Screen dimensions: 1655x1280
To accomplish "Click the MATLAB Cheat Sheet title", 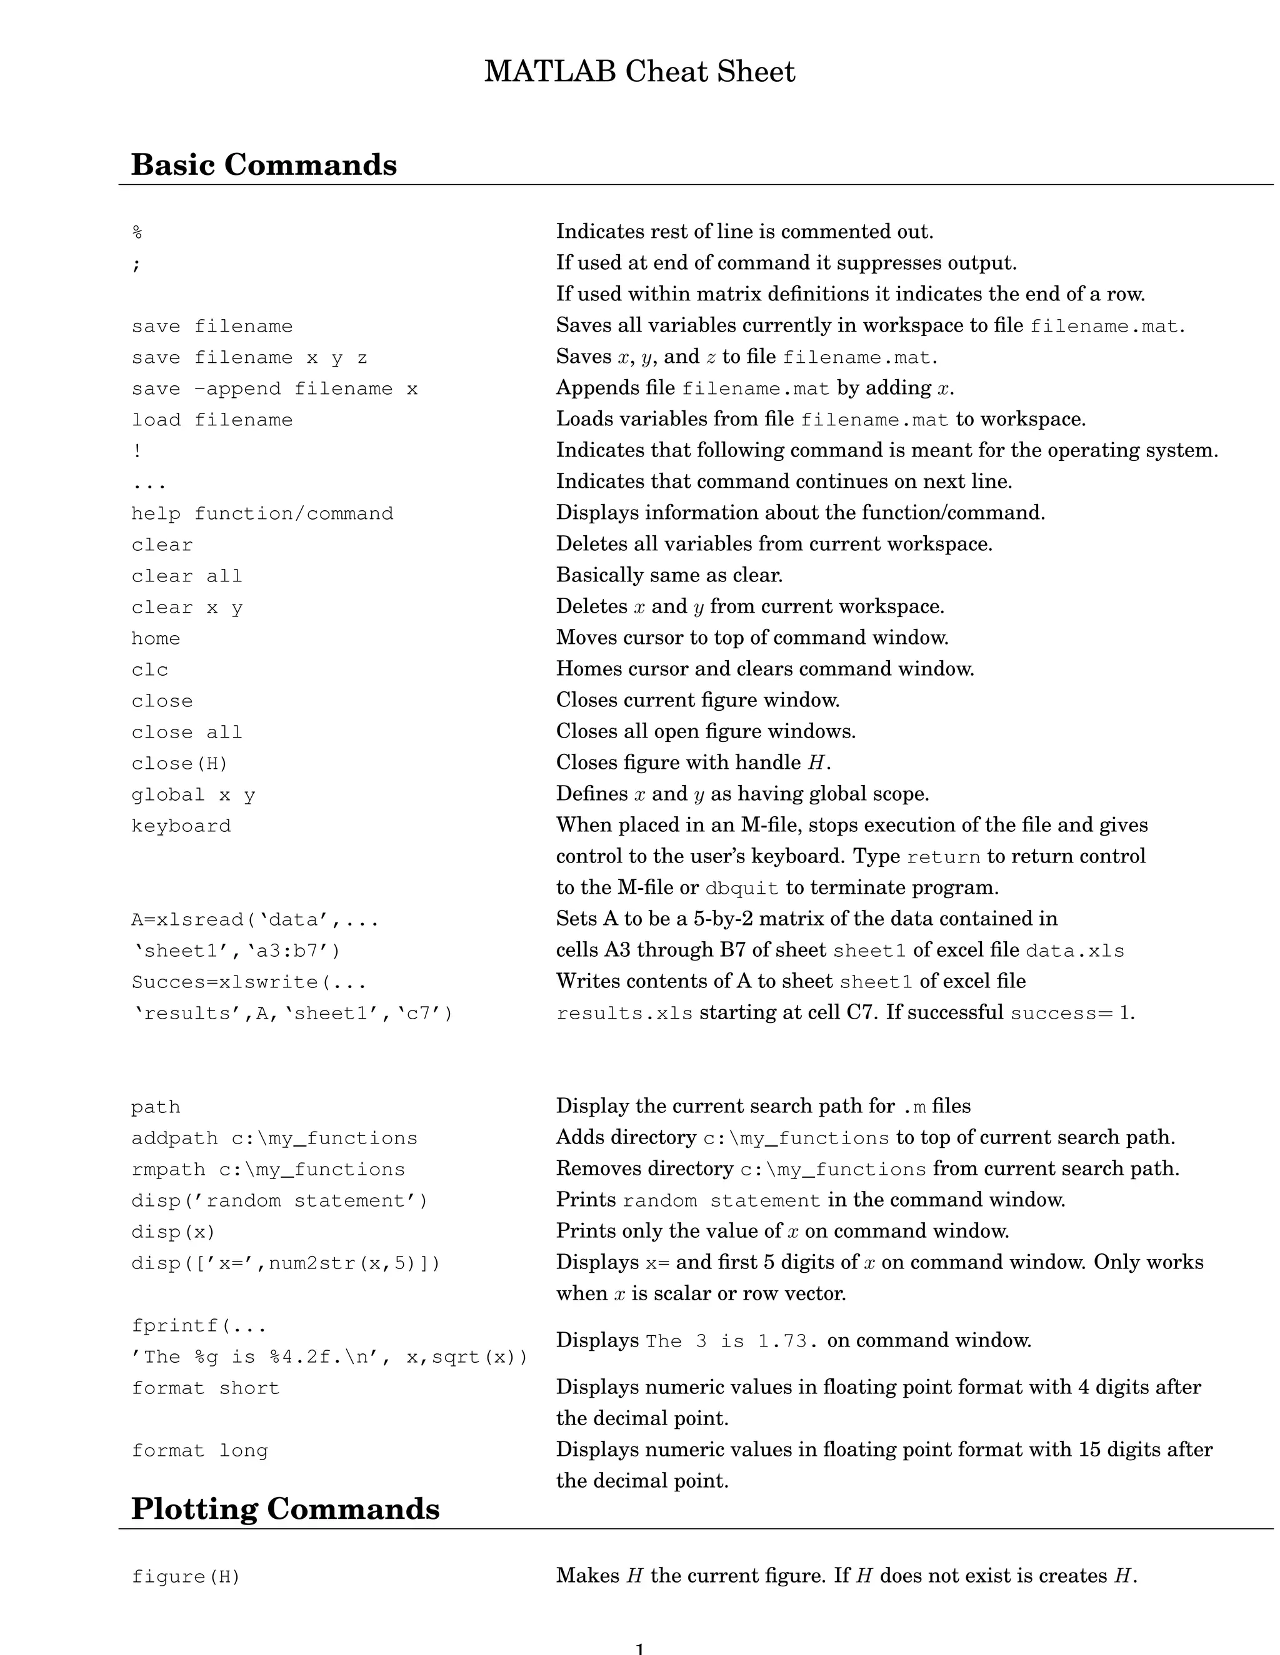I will tap(639, 72).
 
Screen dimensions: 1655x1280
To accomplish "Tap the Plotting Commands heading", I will tap(285, 1509).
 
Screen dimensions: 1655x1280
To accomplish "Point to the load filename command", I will tap(212, 420).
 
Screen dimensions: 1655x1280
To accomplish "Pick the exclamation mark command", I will tap(136, 451).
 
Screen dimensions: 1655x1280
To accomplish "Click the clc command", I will tap(149, 670).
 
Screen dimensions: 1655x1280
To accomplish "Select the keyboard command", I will tap(181, 826).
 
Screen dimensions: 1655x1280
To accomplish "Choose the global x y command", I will tap(192, 795).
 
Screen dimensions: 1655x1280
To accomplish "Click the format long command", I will tap(199, 1451).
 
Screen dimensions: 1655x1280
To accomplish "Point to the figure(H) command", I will tap(186, 1577).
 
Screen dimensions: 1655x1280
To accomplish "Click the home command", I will tap(156, 639).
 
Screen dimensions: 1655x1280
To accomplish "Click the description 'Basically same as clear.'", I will tap(669, 575).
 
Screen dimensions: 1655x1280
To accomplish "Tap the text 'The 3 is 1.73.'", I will tap(732, 1341).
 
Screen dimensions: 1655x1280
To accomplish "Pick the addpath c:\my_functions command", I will tap(274, 1138).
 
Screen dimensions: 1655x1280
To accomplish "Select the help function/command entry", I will tap(262, 514).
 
